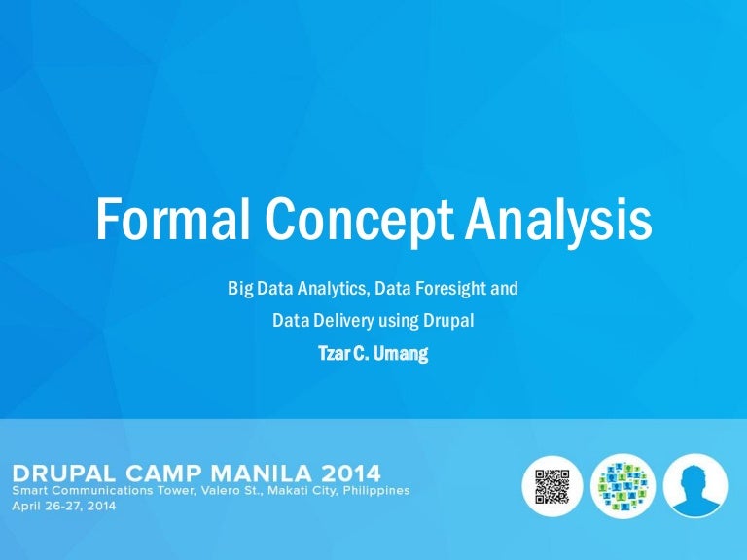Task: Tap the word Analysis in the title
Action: pyautogui.click(x=558, y=220)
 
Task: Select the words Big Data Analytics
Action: pyautogui.click(x=287, y=289)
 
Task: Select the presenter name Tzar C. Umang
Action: pyautogui.click(x=373, y=353)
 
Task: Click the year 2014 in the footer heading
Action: pyautogui.click(x=345, y=473)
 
